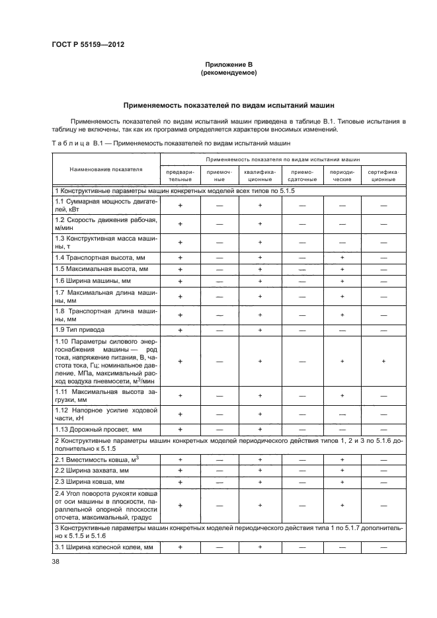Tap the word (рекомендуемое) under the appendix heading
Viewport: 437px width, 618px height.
(227, 73)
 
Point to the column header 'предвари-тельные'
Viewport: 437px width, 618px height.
(179, 174)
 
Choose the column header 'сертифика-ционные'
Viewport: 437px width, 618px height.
(383, 174)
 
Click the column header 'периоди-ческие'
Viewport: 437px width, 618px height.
(342, 174)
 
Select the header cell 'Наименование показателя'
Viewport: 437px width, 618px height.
(106, 169)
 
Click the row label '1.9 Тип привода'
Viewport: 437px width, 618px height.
(79, 329)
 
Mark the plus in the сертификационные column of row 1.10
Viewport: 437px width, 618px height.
(383, 362)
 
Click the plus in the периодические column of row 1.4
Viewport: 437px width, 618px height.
(342, 257)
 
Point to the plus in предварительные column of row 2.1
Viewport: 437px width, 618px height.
(179, 459)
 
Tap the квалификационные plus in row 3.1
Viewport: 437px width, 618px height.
(260, 548)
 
